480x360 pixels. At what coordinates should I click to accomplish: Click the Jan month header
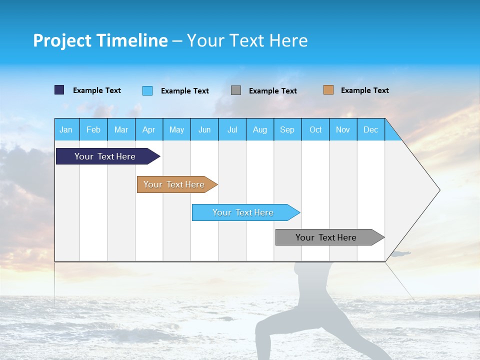pyautogui.click(x=66, y=129)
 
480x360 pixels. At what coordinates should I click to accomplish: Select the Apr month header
pyautogui.click(x=149, y=129)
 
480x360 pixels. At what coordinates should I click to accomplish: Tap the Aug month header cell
pyautogui.click(x=260, y=129)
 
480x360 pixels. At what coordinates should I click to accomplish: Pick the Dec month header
pyautogui.click(x=371, y=129)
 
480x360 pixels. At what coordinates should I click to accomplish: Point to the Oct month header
pyautogui.click(x=315, y=129)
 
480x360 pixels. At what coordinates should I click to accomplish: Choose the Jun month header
pyautogui.click(x=204, y=129)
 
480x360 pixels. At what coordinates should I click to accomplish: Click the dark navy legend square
pyautogui.click(x=59, y=90)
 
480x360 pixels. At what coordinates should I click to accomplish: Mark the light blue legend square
pyautogui.click(x=147, y=90)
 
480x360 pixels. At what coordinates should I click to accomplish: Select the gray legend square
pyautogui.click(x=236, y=90)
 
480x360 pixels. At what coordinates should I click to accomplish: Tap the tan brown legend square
pyautogui.click(x=328, y=90)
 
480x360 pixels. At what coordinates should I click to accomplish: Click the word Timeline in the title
pyautogui.click(x=131, y=40)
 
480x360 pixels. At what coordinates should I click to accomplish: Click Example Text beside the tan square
pyautogui.click(x=364, y=90)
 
